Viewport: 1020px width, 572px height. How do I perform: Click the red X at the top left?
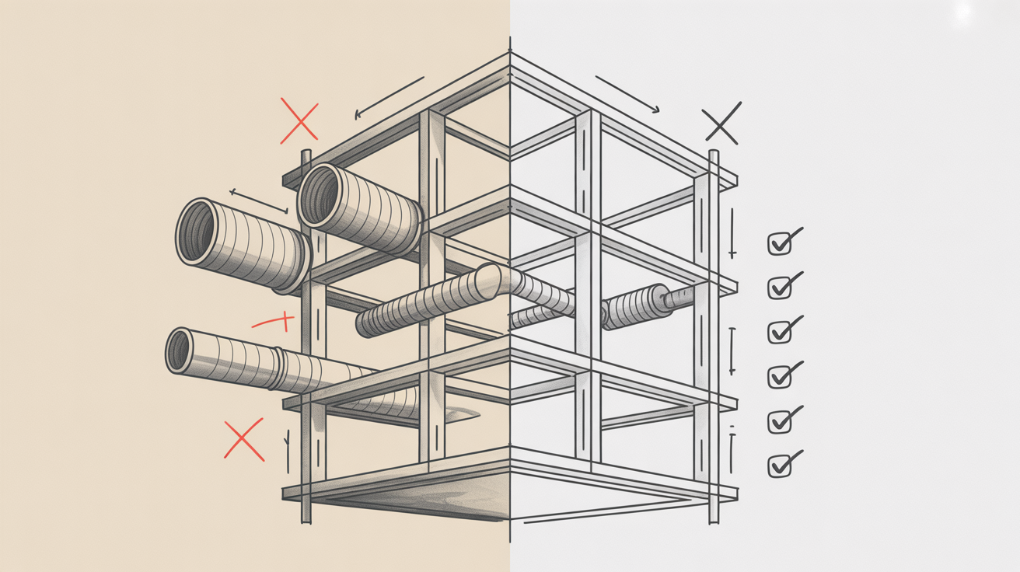(x=299, y=122)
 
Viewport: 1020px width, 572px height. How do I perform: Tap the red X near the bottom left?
(x=244, y=440)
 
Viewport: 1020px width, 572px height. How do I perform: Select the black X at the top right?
(x=721, y=123)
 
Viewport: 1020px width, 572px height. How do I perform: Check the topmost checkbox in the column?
(x=780, y=243)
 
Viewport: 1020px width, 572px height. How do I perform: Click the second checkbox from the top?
(x=780, y=288)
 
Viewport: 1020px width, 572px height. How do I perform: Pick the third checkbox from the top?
(x=780, y=332)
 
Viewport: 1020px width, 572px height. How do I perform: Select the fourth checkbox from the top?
(x=780, y=377)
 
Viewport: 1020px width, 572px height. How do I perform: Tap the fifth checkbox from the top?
(x=780, y=421)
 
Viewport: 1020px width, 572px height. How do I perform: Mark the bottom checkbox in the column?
(x=780, y=466)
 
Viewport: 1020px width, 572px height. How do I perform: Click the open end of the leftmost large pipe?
(x=195, y=231)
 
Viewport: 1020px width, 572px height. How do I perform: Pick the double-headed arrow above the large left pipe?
(x=260, y=201)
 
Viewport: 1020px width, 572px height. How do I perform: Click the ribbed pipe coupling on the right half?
(x=634, y=308)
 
